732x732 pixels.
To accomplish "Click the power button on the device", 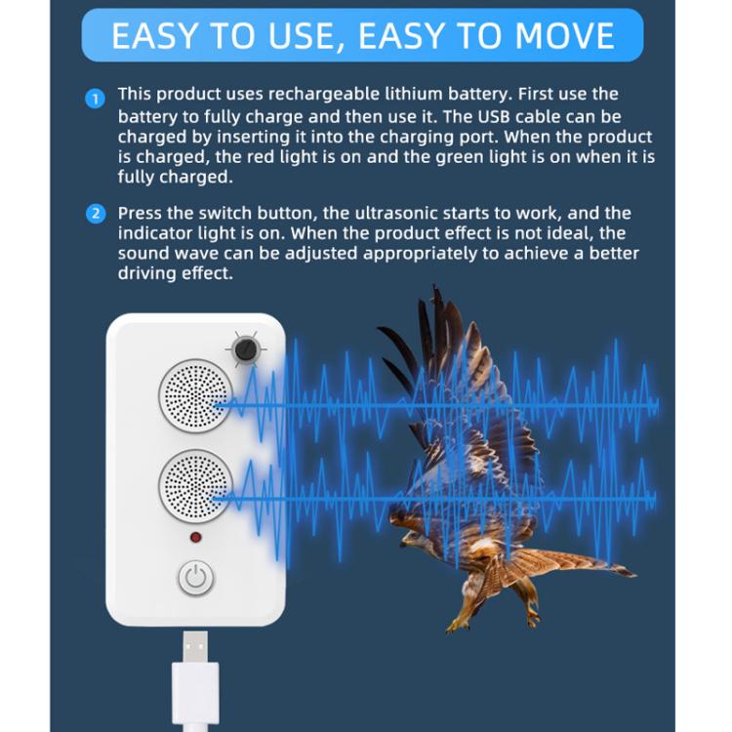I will [196, 578].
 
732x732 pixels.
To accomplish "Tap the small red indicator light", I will [195, 538].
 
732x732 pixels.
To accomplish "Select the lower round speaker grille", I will [194, 486].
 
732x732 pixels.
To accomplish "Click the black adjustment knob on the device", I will [244, 348].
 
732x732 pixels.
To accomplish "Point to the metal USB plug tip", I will [195, 647].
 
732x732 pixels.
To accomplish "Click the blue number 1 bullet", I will [95, 98].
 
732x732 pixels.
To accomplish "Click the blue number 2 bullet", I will [95, 214].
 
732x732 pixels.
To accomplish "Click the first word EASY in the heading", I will [157, 36].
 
